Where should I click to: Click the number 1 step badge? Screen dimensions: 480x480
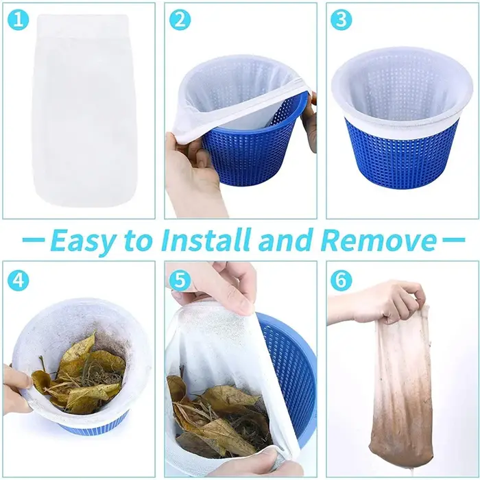(x=18, y=20)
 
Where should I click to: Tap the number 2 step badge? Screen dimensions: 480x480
(x=180, y=20)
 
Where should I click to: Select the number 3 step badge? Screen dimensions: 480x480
(x=341, y=20)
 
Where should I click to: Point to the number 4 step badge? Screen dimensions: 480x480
(x=18, y=280)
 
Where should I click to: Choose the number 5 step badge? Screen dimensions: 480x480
(x=180, y=280)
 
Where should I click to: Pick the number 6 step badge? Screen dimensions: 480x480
(x=341, y=280)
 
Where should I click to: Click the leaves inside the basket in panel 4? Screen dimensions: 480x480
(x=80, y=375)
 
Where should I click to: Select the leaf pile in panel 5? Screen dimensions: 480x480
(x=219, y=420)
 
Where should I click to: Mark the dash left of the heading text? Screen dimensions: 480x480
(x=34, y=240)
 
